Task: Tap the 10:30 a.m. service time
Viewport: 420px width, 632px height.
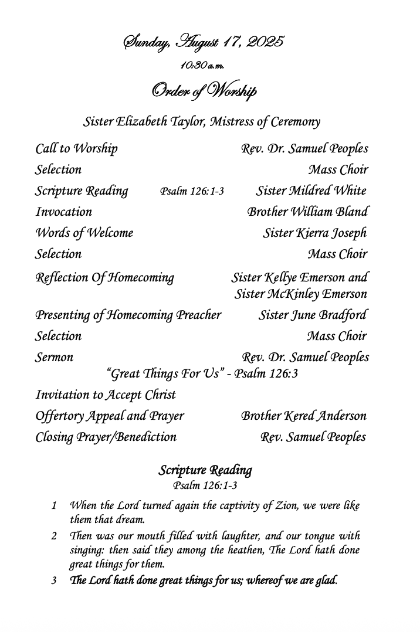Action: pyautogui.click(x=203, y=65)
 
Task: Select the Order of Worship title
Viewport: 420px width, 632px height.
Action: pyautogui.click(x=204, y=91)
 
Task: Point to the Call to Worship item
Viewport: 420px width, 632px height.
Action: pyautogui.click(x=76, y=149)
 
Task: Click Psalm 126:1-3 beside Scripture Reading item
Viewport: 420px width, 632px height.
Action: pyautogui.click(x=192, y=192)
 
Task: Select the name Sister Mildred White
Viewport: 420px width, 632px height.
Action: pyautogui.click(x=311, y=191)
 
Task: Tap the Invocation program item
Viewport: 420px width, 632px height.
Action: pyautogui.click(x=63, y=212)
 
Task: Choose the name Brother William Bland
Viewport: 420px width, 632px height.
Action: pyautogui.click(x=308, y=212)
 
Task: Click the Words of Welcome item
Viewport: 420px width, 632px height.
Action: pyautogui.click(x=84, y=233)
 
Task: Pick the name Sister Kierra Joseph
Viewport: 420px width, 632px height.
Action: pyautogui.click(x=315, y=233)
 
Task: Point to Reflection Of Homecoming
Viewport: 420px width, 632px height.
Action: pyautogui.click(x=104, y=277)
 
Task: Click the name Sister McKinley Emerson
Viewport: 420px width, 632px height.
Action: pyautogui.click(x=301, y=294)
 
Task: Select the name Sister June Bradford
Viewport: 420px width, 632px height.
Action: pyautogui.click(x=313, y=315)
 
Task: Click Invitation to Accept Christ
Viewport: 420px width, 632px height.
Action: pyautogui.click(x=106, y=395)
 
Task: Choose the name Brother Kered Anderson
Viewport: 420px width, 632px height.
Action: pyautogui.click(x=304, y=416)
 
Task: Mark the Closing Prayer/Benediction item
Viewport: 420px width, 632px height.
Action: pyautogui.click(x=106, y=437)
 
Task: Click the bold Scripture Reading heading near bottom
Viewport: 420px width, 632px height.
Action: pyautogui.click(x=205, y=471)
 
